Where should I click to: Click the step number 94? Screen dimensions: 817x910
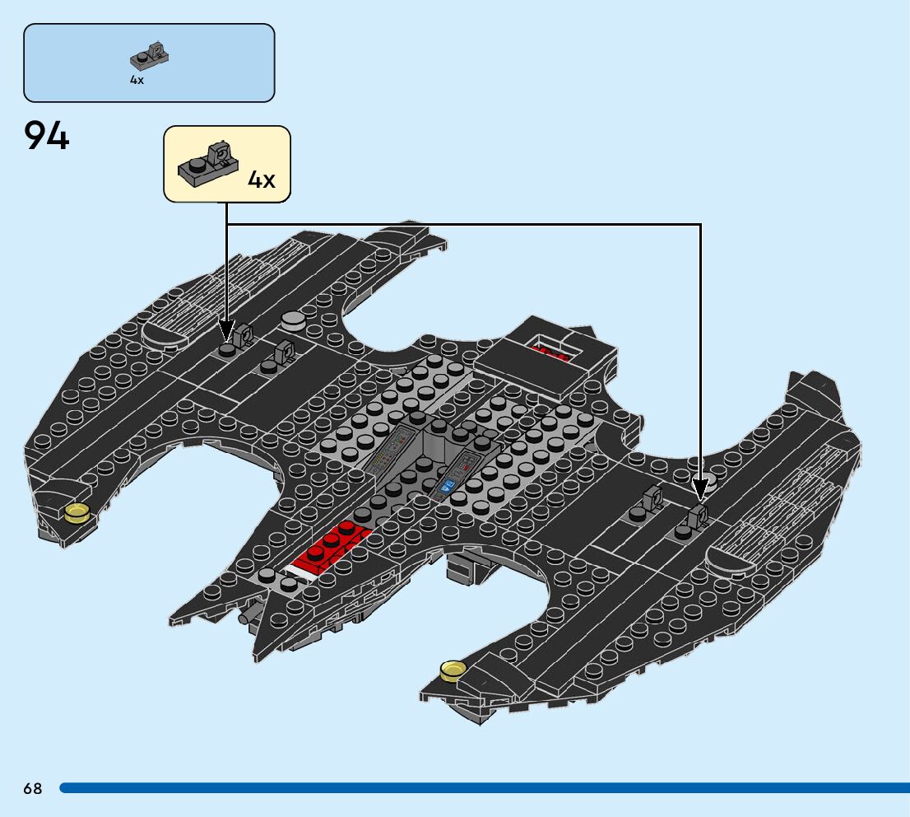pos(47,136)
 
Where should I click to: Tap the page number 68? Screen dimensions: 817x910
pos(33,789)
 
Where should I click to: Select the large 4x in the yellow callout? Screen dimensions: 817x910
pos(262,180)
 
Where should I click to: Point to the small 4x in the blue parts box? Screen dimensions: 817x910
pos(137,80)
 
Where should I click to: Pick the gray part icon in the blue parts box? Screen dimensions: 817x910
pos(151,55)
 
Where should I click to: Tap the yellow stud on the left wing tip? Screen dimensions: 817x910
pos(77,512)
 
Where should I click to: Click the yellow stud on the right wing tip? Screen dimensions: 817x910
pos(452,671)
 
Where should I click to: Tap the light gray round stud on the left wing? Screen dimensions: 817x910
pos(293,319)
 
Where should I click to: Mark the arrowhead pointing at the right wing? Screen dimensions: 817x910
pos(700,491)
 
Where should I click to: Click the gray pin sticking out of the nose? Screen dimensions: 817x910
pos(246,616)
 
